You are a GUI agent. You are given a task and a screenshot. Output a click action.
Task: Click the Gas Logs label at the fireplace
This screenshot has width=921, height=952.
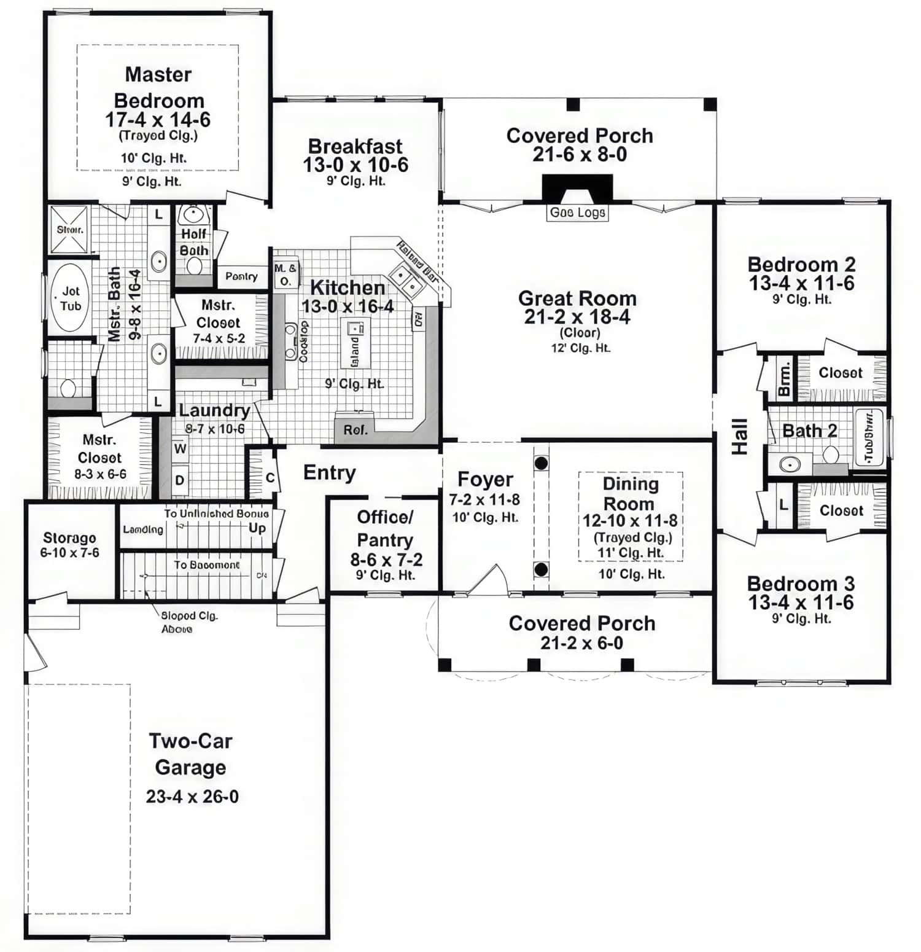click(577, 213)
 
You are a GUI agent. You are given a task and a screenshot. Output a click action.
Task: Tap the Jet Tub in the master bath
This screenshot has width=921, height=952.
click(70, 298)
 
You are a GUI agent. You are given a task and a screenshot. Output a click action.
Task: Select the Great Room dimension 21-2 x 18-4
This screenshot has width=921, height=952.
click(577, 317)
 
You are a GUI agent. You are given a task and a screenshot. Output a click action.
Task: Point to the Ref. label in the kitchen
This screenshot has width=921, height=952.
click(356, 430)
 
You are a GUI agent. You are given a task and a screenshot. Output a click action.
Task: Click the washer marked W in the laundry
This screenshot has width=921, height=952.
click(180, 448)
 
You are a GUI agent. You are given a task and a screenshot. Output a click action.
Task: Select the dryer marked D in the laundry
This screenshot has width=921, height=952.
click(180, 480)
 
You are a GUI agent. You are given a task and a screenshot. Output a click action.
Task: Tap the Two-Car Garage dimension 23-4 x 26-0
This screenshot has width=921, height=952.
click(192, 797)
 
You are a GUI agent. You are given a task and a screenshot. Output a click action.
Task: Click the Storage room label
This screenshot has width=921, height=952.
click(69, 538)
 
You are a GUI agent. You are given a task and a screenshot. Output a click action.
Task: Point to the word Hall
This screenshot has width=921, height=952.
click(740, 437)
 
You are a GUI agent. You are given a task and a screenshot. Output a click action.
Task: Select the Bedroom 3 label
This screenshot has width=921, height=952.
click(801, 583)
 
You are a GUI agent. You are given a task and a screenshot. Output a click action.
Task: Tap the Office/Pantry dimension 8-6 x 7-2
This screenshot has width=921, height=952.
click(386, 560)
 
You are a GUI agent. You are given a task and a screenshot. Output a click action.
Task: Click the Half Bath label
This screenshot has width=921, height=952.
click(194, 242)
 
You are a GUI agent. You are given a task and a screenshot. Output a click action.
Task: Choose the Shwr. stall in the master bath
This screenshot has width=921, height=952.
click(69, 230)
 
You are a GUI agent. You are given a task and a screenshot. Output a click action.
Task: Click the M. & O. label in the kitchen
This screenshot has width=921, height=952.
click(285, 275)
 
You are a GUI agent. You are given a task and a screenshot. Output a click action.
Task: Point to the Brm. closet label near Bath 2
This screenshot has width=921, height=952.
click(784, 379)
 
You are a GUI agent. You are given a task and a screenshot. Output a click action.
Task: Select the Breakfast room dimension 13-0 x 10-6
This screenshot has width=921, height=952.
click(356, 165)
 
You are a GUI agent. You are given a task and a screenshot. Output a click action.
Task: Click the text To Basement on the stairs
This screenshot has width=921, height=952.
click(206, 564)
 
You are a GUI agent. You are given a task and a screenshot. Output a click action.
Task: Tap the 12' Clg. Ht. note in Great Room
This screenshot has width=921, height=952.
click(580, 348)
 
